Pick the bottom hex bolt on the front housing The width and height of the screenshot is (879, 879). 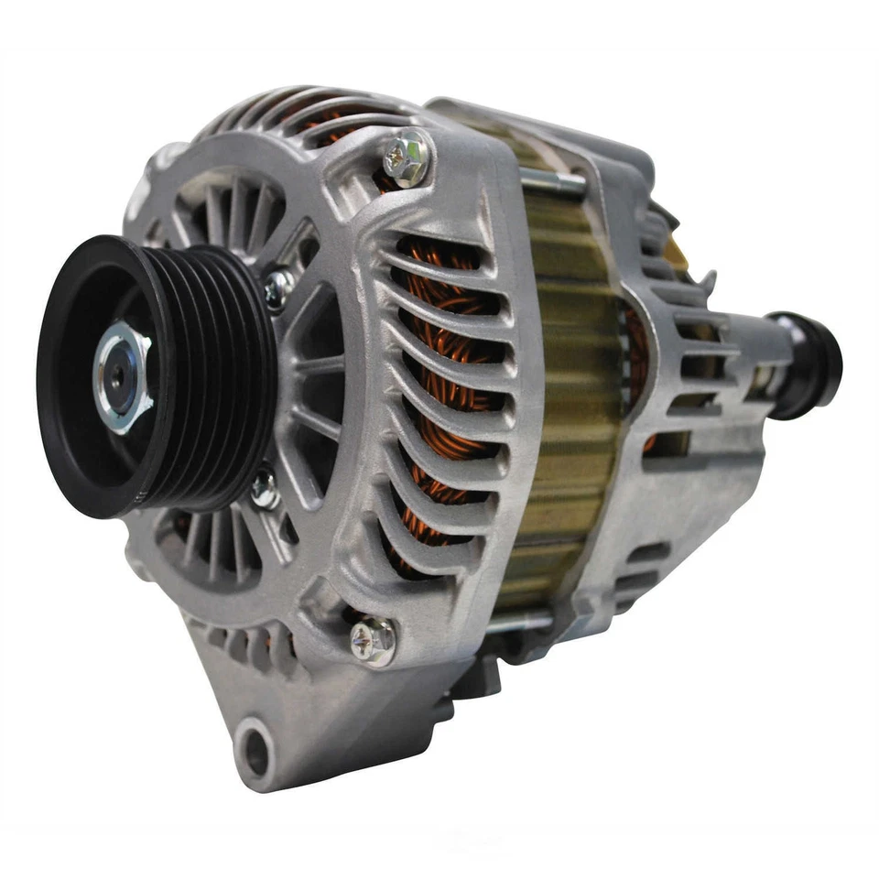(x=374, y=640)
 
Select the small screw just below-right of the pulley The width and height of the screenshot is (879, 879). (x=265, y=488)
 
